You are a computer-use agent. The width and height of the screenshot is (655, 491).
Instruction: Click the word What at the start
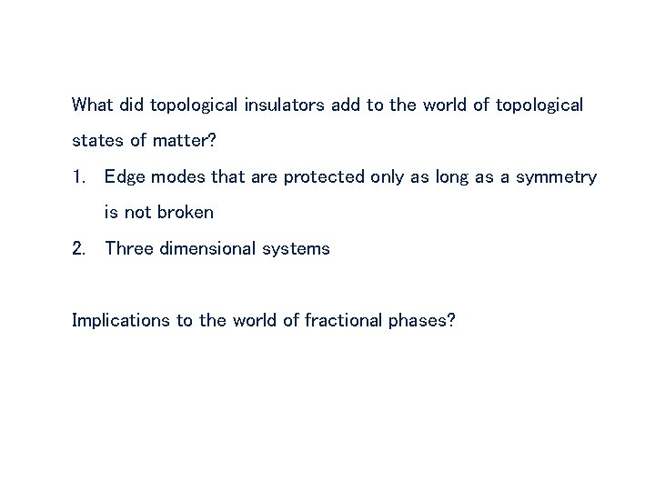[93, 105]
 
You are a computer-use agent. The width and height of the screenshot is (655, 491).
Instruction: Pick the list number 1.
[78, 176]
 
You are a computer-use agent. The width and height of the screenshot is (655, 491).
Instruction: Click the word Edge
[124, 176]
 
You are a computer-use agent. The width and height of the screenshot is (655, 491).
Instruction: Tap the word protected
[325, 176]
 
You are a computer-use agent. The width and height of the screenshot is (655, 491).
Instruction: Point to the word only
[390, 176]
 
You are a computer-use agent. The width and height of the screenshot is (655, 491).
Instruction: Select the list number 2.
[78, 248]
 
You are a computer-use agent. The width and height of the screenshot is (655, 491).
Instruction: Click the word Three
[129, 248]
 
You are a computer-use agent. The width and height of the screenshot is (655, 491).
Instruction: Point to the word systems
[299, 248]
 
